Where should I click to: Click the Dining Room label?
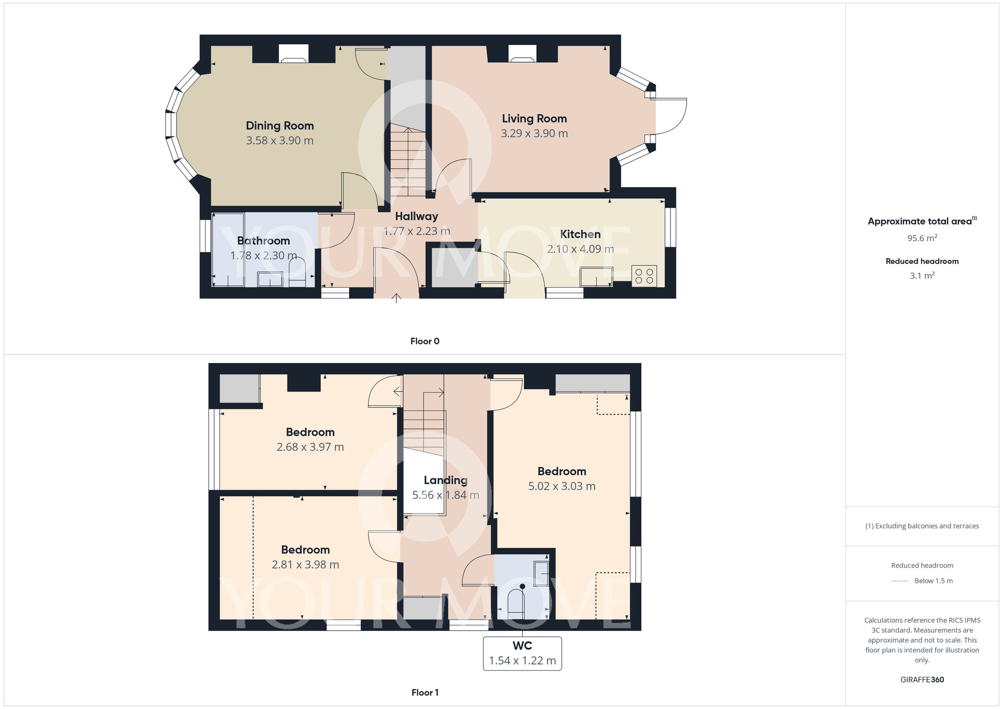click(x=280, y=126)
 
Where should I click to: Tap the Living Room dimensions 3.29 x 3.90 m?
click(x=534, y=133)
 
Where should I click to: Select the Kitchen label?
click(x=580, y=234)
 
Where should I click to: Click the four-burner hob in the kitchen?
click(x=644, y=275)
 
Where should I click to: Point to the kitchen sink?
click(x=596, y=277)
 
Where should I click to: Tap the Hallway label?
click(x=416, y=217)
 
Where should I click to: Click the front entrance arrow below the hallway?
click(x=396, y=298)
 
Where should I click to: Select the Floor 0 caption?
click(x=425, y=341)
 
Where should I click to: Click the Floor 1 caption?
click(x=425, y=692)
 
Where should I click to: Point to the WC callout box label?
click(x=522, y=646)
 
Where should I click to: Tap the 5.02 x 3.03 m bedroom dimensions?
click(x=562, y=486)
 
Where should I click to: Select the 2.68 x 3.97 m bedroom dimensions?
click(x=310, y=447)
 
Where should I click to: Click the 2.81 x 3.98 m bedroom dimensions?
click(x=305, y=565)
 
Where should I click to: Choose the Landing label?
click(x=445, y=480)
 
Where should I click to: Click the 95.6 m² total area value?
click(x=922, y=238)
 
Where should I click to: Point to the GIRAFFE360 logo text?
click(x=922, y=680)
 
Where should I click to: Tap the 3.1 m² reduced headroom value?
click(x=922, y=275)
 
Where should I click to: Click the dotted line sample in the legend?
click(x=900, y=581)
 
